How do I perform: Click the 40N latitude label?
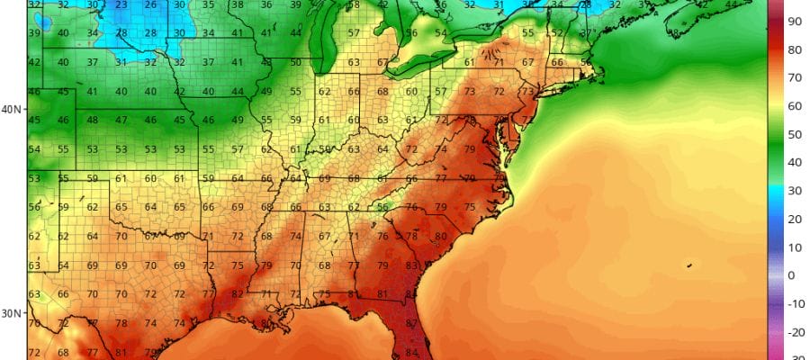pos(11,109)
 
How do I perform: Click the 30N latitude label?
pos(11,313)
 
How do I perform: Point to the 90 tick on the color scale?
pos(796,20)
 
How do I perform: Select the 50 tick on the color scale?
pos(796,134)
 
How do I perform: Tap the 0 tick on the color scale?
pos(791,275)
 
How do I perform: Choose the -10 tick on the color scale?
pos(794,303)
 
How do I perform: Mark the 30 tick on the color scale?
pos(796,191)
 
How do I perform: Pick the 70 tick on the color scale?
pos(796,77)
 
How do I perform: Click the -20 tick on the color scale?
pos(794,332)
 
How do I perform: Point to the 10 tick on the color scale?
pos(796,247)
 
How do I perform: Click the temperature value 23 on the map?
pos(121,4)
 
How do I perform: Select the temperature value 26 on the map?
pos(150,4)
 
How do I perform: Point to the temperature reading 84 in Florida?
pos(412,352)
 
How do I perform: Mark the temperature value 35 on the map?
pos(209,4)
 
